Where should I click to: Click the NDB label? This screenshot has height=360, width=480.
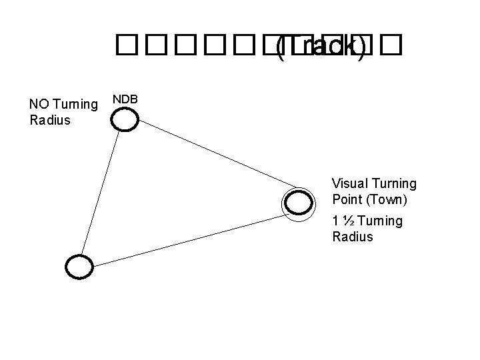point(125,99)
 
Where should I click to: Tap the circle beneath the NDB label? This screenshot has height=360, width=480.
point(125,119)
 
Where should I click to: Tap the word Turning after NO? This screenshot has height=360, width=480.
point(76,105)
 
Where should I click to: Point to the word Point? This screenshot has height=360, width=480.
point(346,199)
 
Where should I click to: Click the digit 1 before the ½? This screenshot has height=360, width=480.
point(335,221)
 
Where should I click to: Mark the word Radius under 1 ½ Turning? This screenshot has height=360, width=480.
point(353,237)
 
